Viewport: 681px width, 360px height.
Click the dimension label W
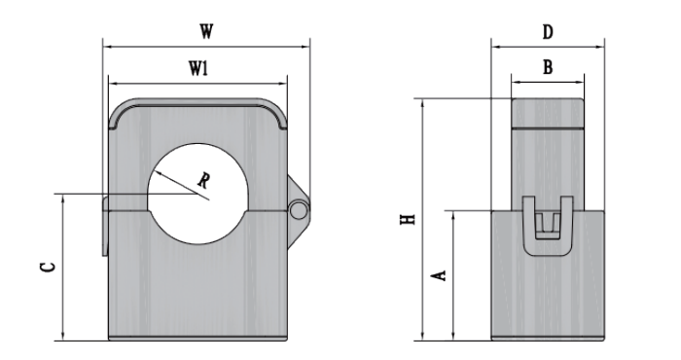(x=206, y=32)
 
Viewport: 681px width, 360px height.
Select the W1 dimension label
(x=198, y=68)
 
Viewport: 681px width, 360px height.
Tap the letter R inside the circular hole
(x=202, y=180)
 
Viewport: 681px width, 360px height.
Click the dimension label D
(x=548, y=32)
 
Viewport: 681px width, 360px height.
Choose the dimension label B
(x=548, y=67)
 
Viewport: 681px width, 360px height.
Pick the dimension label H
(x=408, y=219)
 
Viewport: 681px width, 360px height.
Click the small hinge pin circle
(x=299, y=210)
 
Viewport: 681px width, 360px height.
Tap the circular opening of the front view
(x=197, y=194)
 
